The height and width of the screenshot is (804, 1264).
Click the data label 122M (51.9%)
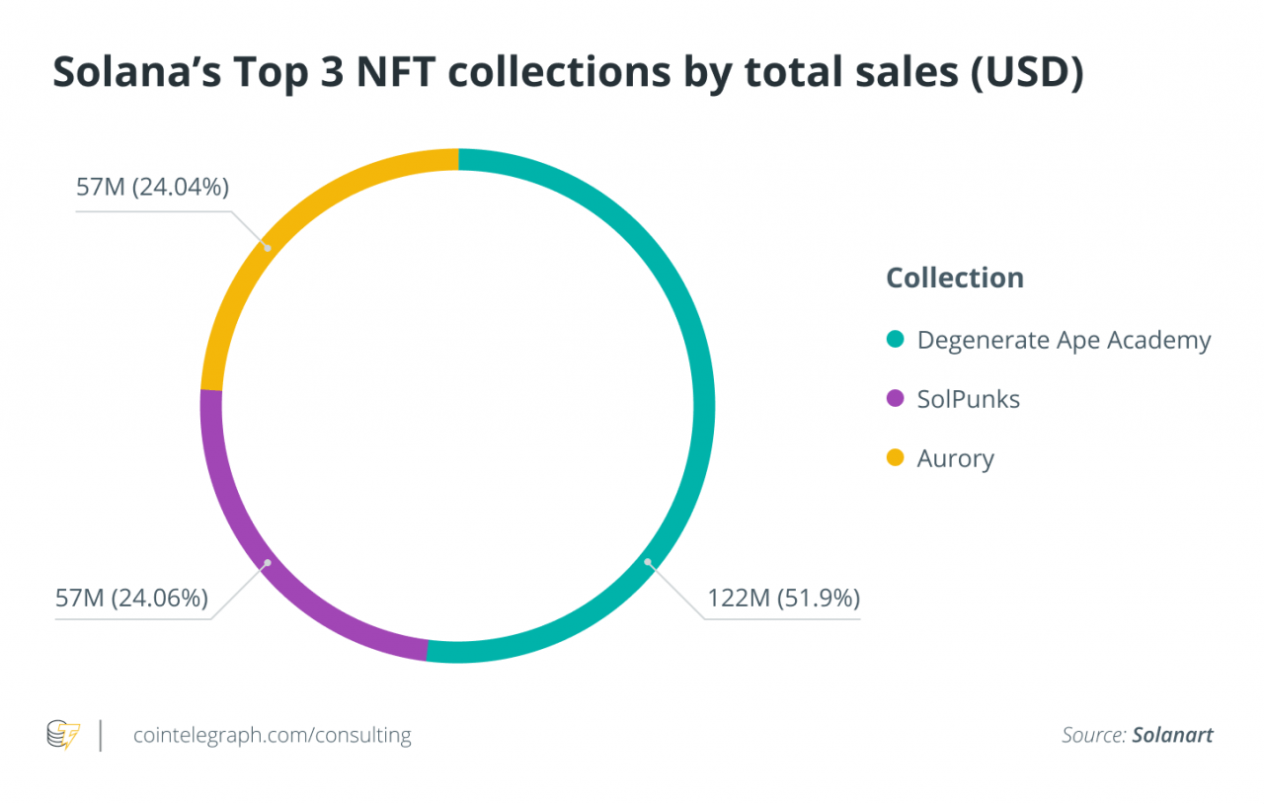pyautogui.click(x=783, y=599)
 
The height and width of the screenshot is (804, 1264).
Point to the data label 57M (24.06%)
pyautogui.click(x=131, y=599)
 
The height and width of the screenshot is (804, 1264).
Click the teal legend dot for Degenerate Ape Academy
pyautogui.click(x=896, y=341)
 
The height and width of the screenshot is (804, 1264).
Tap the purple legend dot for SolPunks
pyautogui.click(x=896, y=399)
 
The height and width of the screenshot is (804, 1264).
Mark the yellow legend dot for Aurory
pyautogui.click(x=896, y=458)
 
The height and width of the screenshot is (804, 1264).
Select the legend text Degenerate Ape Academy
pyautogui.click(x=1064, y=341)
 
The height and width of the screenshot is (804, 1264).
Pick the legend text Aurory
pyautogui.click(x=955, y=458)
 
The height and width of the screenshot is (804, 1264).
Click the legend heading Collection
pyautogui.click(x=955, y=278)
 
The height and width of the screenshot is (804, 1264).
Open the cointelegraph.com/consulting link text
pyautogui.click(x=272, y=735)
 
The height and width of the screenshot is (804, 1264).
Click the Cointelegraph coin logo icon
pyautogui.click(x=63, y=735)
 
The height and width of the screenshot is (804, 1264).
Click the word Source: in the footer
pyautogui.click(x=1093, y=735)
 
